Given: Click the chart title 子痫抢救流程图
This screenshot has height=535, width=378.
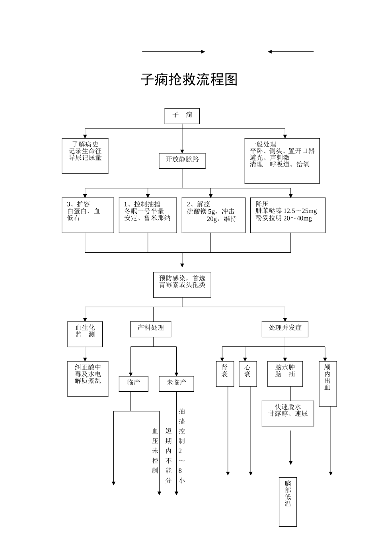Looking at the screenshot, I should click(x=189, y=80).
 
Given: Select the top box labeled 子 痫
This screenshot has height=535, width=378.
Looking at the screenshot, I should click(x=182, y=116).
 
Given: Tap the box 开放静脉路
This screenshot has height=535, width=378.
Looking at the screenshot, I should click(x=182, y=160).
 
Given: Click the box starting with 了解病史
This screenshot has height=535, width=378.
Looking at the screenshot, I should click(x=85, y=156).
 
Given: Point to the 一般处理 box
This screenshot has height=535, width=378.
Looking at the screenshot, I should click(x=282, y=161).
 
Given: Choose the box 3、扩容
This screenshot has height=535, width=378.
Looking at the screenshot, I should click(x=88, y=215).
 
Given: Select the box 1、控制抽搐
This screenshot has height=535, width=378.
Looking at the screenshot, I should click(x=148, y=215).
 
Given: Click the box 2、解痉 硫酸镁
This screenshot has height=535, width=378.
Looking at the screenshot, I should click(x=213, y=215).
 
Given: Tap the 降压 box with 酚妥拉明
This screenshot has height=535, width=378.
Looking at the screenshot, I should click(x=288, y=215).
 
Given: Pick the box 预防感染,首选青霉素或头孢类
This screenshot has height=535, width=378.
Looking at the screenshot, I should click(x=182, y=284).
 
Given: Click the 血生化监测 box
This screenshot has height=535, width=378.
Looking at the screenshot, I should click(x=85, y=334).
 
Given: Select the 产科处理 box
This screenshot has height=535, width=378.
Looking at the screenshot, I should click(x=151, y=329).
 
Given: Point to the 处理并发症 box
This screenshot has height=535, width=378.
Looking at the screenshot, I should click(x=285, y=329).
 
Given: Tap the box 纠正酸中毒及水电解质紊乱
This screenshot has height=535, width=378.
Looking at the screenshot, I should click(x=88, y=379).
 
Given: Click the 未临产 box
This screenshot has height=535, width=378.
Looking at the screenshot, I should click(x=176, y=383).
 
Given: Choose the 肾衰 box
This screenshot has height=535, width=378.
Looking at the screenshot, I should click(x=225, y=373).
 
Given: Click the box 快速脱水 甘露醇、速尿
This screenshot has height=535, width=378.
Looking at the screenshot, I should click(x=288, y=413).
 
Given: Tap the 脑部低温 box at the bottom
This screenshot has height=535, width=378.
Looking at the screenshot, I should click(x=288, y=502).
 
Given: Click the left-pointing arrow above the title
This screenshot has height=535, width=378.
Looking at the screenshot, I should click(x=290, y=52).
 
